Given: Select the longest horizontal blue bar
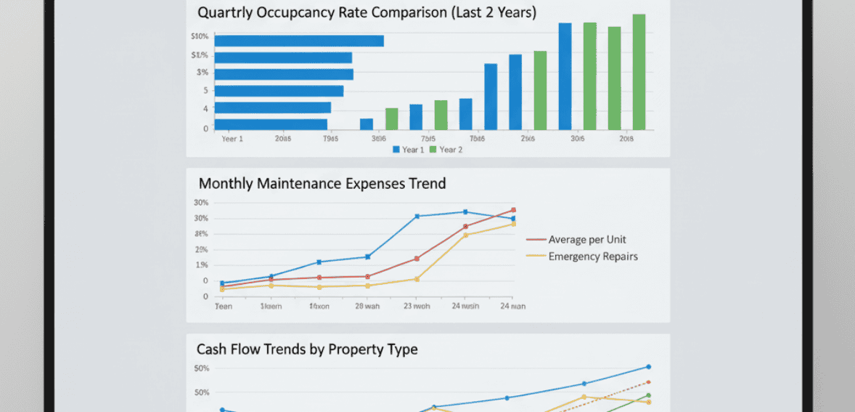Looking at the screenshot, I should coord(299,41).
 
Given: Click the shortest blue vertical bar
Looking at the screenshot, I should coord(367,124).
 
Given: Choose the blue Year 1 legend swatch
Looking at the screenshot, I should coord(396,150).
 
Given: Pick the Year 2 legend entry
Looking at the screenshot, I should coord(446,150).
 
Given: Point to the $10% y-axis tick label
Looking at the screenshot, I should coord(200,36).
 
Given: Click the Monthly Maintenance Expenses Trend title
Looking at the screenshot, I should coord(322,184).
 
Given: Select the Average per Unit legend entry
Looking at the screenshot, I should coord(586,240).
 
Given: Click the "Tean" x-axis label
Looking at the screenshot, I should coord(224,307).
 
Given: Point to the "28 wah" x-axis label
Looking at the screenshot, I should coord(367,307).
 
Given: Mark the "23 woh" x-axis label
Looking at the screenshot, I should coord(417,307).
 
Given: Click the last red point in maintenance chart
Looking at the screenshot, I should coord(513,210).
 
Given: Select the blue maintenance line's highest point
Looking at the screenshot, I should coord(465,212).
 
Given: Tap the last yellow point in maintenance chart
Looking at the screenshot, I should coord(513,224).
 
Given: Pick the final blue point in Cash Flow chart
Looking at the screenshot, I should coord(648,367).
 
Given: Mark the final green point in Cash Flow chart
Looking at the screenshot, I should coord(648,396).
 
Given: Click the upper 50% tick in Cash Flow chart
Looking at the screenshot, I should coord(202,368).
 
